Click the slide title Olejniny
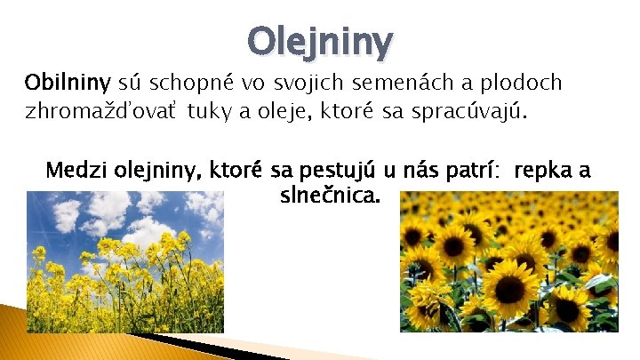[320, 40]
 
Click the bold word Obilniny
[67, 84]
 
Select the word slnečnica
[329, 194]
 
